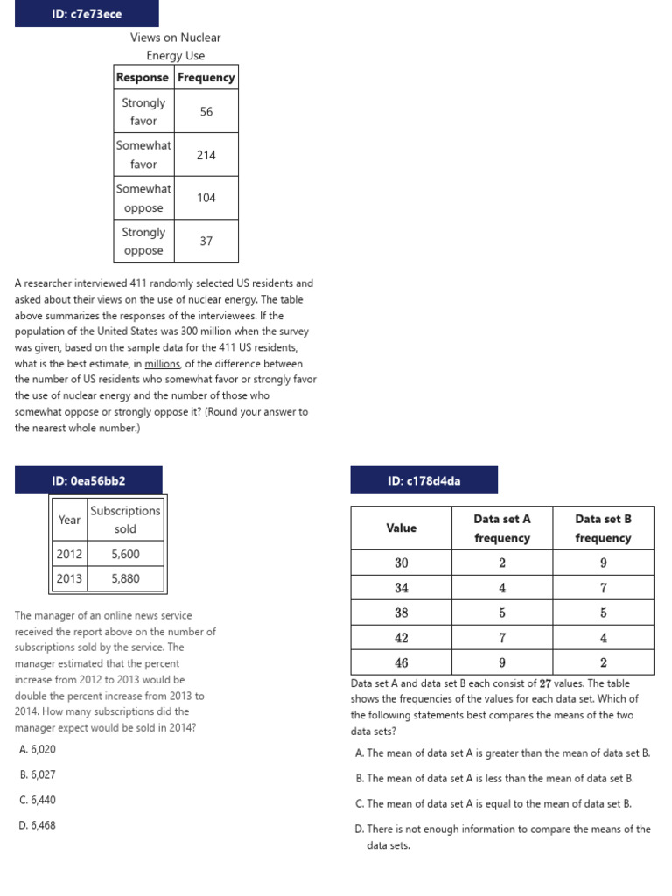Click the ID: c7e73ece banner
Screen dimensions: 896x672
point(87,13)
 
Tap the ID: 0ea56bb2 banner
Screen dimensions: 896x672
point(88,480)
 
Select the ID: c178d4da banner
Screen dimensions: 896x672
point(423,480)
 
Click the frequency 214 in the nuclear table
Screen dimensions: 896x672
point(206,155)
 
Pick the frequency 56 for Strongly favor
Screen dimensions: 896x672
point(206,112)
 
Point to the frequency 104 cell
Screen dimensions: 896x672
point(206,198)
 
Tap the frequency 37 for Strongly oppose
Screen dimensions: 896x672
point(206,241)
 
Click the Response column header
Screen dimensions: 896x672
point(143,77)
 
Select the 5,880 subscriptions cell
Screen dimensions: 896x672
point(125,578)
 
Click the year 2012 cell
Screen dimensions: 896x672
point(69,554)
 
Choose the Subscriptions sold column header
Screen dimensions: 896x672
point(125,520)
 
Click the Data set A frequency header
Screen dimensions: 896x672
point(502,528)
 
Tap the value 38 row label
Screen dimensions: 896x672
point(402,612)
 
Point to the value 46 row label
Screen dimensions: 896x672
point(402,662)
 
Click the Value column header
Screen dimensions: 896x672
point(402,528)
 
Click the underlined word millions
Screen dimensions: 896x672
point(163,364)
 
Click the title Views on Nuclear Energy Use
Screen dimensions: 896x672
point(175,46)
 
